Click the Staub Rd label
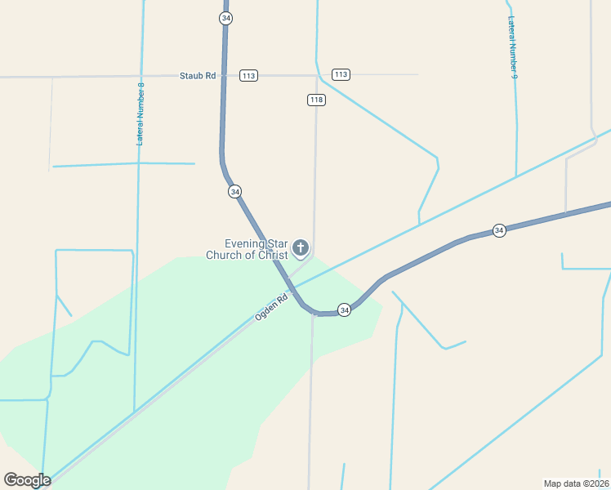pyautogui.click(x=198, y=76)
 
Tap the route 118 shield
pyautogui.click(x=317, y=100)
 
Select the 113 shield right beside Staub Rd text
pyautogui.click(x=249, y=76)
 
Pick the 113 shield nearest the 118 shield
pyautogui.click(x=341, y=74)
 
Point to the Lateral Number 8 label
pyautogui.click(x=140, y=114)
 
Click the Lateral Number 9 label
pyautogui.click(x=513, y=47)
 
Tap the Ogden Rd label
pyautogui.click(x=273, y=307)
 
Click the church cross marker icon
pyautogui.click(x=301, y=247)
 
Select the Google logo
pyautogui.click(x=27, y=480)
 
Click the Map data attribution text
pyautogui.click(x=563, y=483)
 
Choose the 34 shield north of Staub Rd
pyautogui.click(x=225, y=17)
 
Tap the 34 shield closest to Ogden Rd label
pyautogui.click(x=345, y=310)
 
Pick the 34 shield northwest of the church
pyautogui.click(x=235, y=191)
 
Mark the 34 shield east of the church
pyautogui.click(x=499, y=230)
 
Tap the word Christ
pyautogui.click(x=274, y=255)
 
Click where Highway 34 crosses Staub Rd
pyautogui.click(x=224, y=76)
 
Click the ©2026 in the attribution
pyautogui.click(x=595, y=483)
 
